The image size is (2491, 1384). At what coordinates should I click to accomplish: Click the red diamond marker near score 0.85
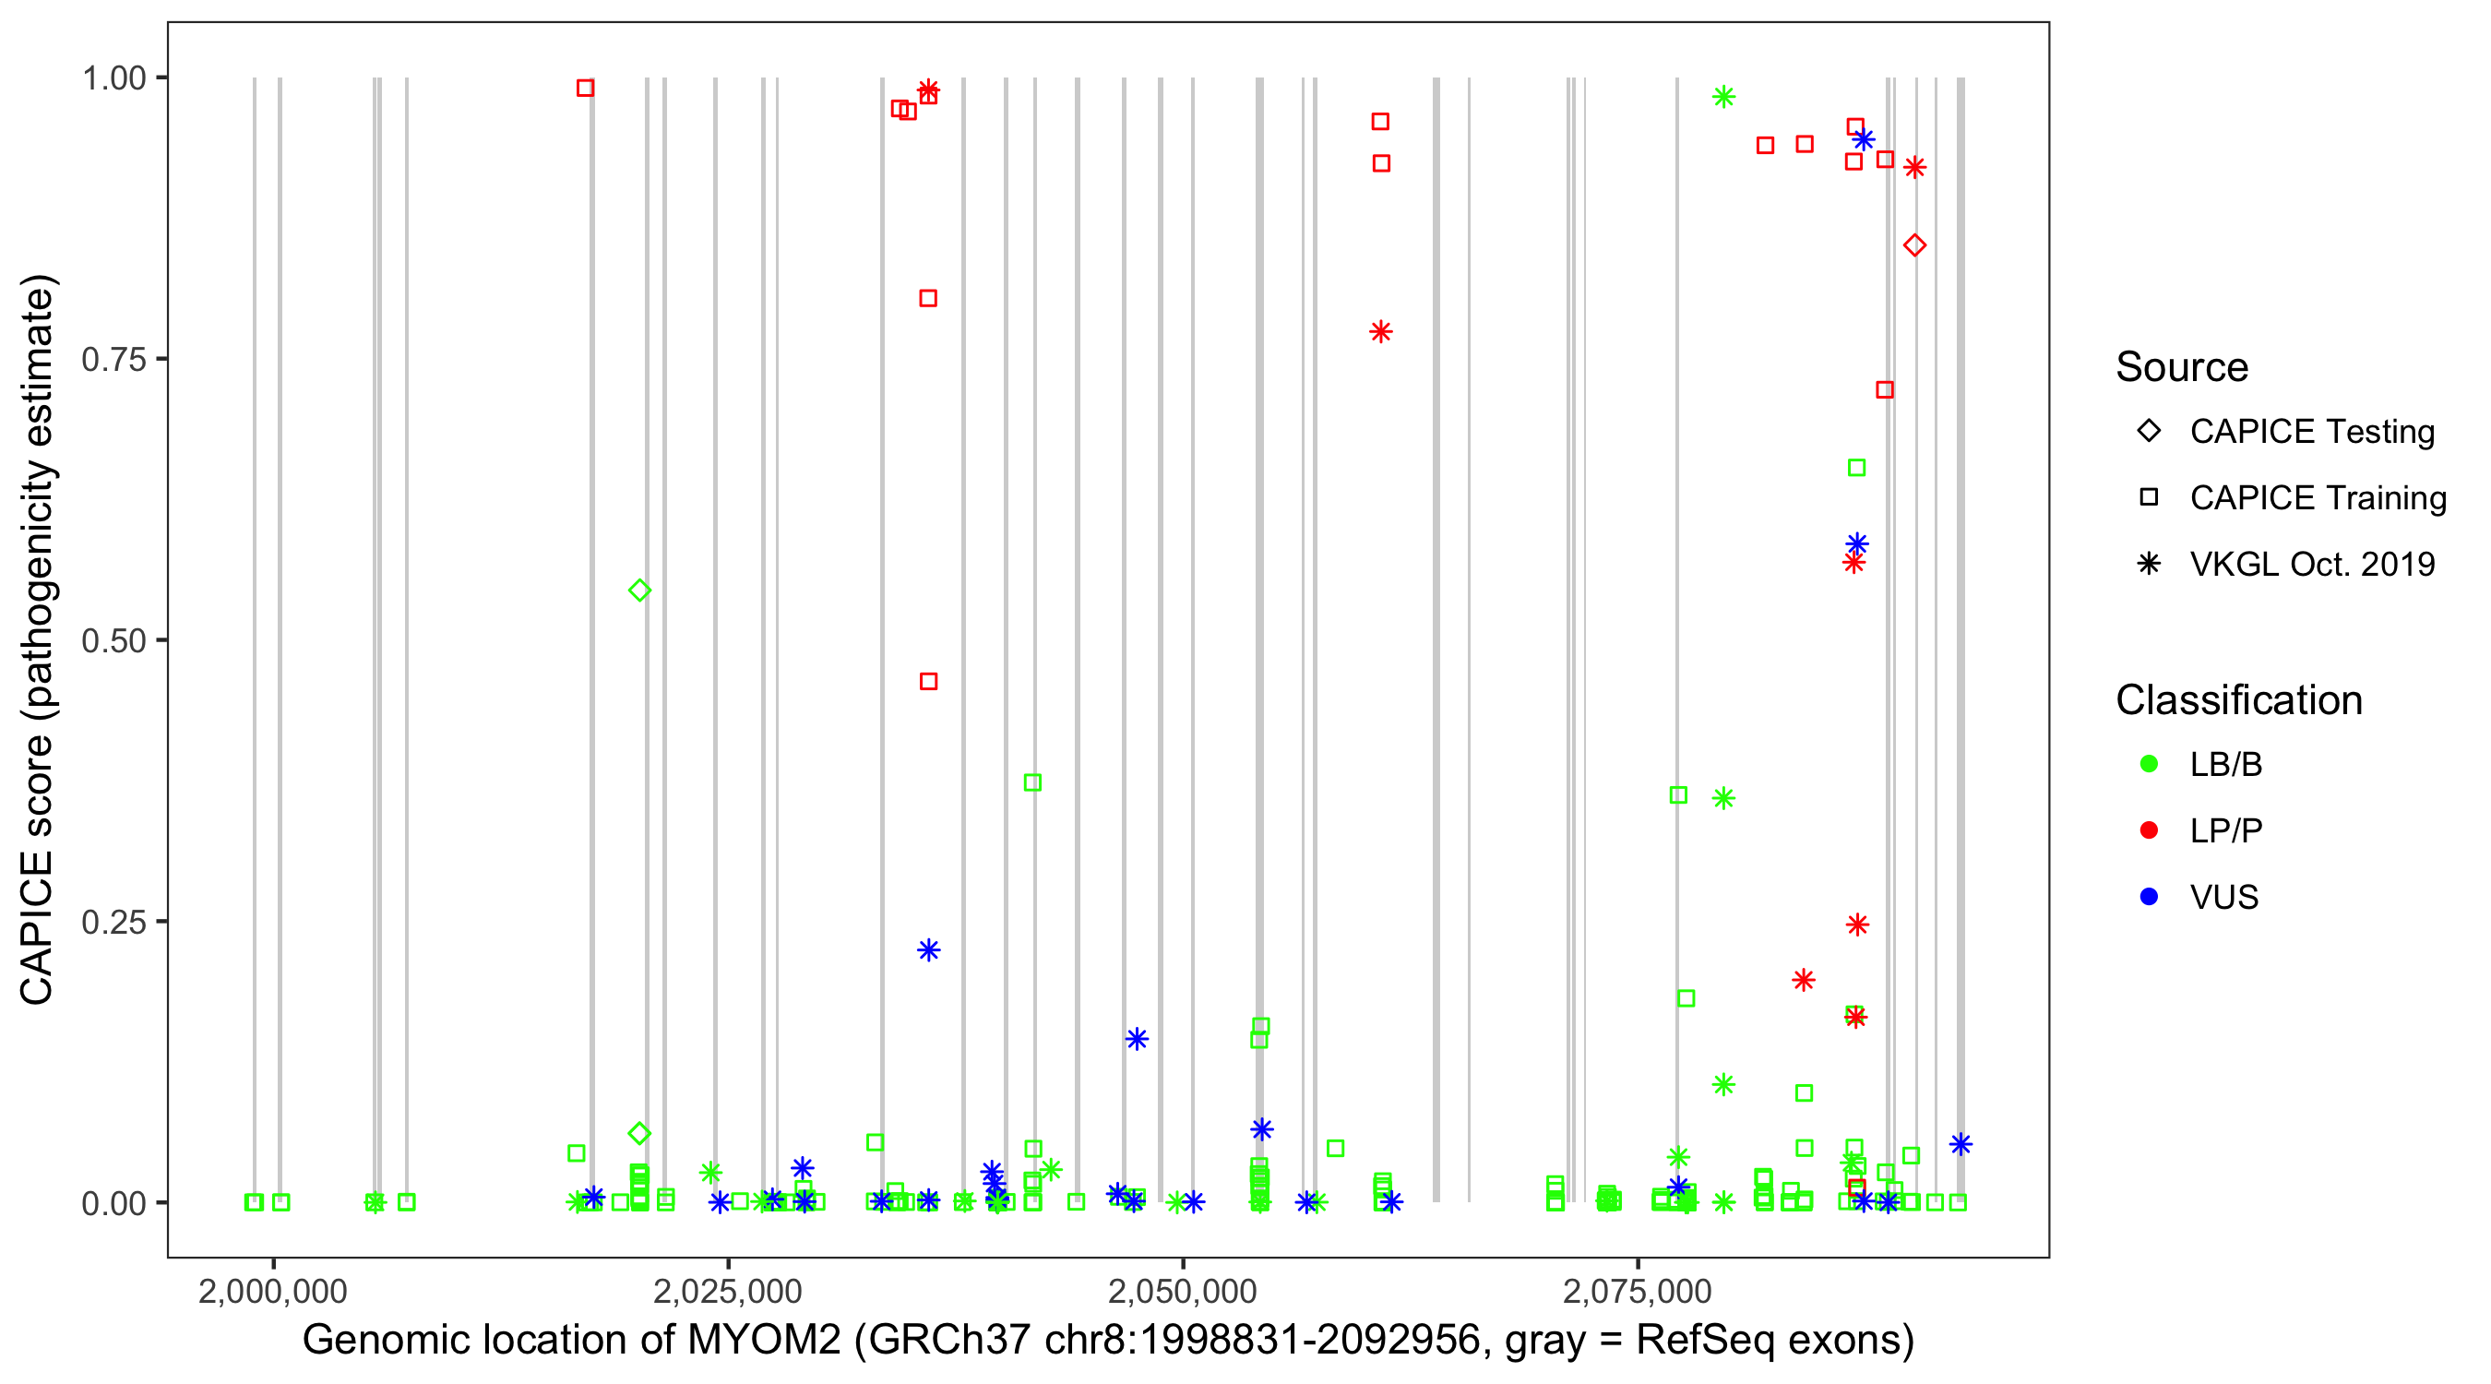point(1913,245)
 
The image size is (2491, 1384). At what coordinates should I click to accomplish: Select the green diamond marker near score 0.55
point(639,590)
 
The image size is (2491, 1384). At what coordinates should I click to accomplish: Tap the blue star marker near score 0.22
point(928,949)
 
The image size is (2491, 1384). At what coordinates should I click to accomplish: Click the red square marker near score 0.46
point(928,682)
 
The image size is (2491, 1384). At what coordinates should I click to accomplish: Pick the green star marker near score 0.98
point(1723,97)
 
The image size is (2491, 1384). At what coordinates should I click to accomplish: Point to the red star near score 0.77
point(1381,332)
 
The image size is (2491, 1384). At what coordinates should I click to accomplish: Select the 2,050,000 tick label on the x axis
point(1183,1291)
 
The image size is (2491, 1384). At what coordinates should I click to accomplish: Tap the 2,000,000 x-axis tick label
point(273,1291)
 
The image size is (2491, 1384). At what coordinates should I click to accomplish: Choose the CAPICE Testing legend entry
point(2311,432)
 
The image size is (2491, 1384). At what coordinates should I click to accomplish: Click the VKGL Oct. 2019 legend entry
point(2311,564)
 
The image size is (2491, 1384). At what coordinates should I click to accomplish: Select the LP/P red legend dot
point(2150,830)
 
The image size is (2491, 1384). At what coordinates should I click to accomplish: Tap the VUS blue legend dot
point(2150,897)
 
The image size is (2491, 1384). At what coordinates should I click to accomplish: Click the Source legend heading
point(2182,367)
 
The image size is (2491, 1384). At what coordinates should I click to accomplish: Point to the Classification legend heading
point(2238,700)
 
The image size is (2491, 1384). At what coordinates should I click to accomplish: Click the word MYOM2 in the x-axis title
point(764,1341)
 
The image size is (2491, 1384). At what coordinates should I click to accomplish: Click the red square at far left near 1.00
point(585,88)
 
